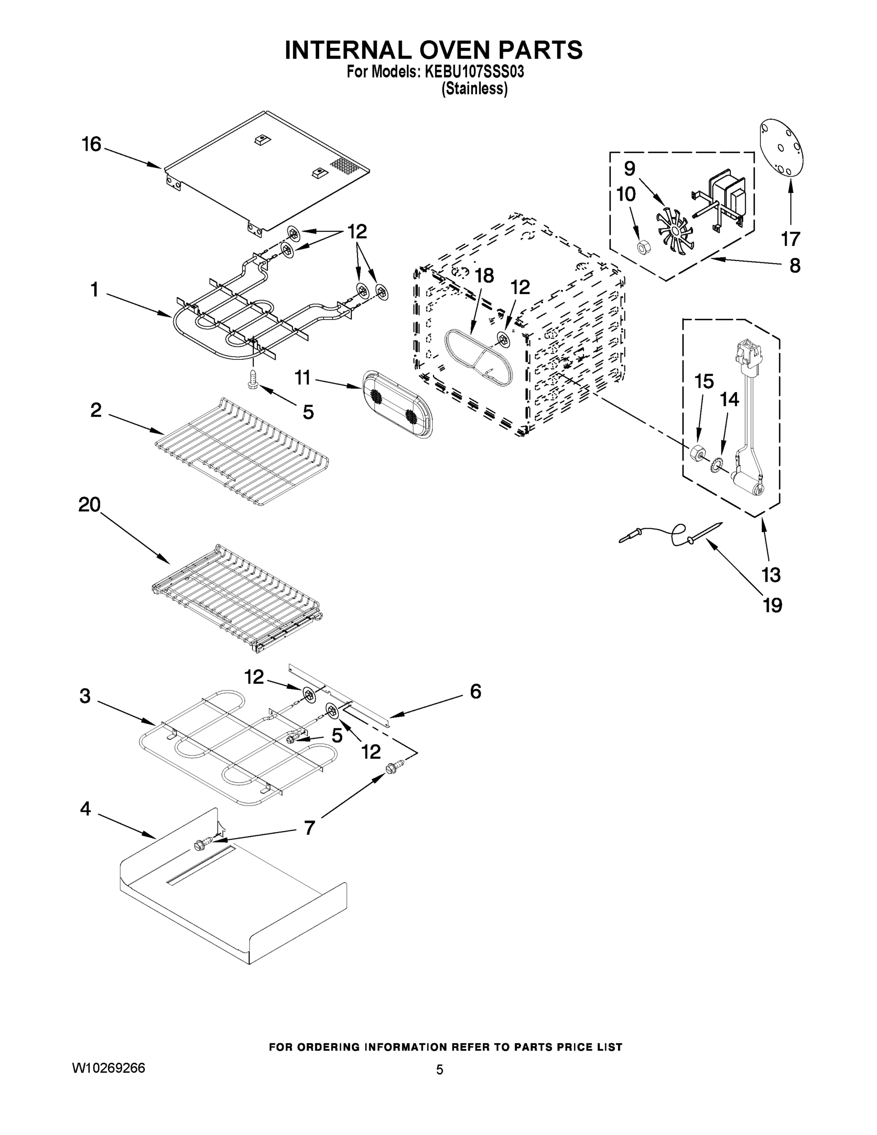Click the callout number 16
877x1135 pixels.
[x=91, y=144]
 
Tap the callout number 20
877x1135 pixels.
[x=89, y=504]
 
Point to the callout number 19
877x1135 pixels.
[x=772, y=605]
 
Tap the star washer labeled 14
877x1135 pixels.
[x=718, y=462]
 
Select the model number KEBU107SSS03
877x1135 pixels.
[x=474, y=72]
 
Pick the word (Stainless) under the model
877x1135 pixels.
[x=474, y=89]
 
